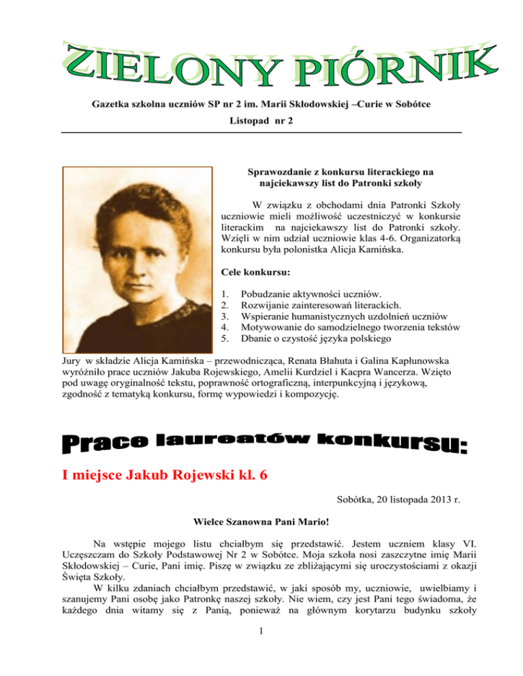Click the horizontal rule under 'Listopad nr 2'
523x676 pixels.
[x=261, y=131]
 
